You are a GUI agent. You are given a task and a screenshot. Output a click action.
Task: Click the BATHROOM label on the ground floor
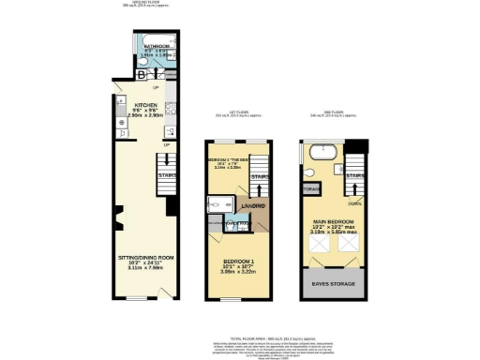(156, 44)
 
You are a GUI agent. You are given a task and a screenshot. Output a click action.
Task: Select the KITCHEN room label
(144, 106)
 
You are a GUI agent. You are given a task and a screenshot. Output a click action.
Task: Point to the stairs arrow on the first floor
(262, 191)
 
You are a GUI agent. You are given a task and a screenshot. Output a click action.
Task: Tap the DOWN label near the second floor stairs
(353, 201)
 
